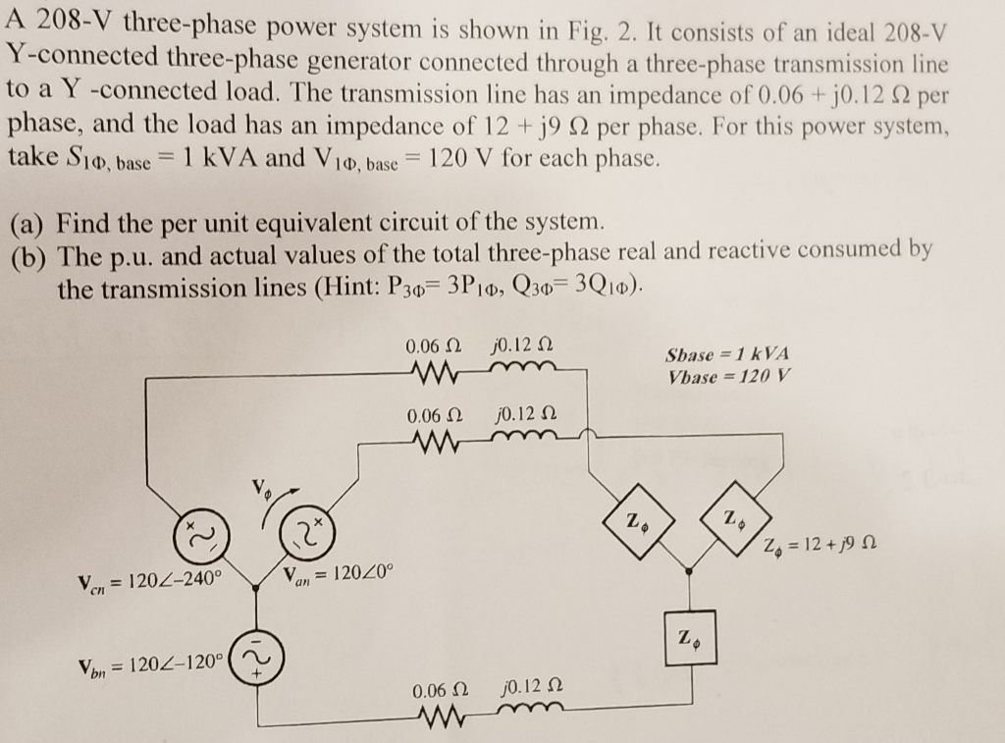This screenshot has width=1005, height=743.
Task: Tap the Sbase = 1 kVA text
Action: click(x=727, y=355)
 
